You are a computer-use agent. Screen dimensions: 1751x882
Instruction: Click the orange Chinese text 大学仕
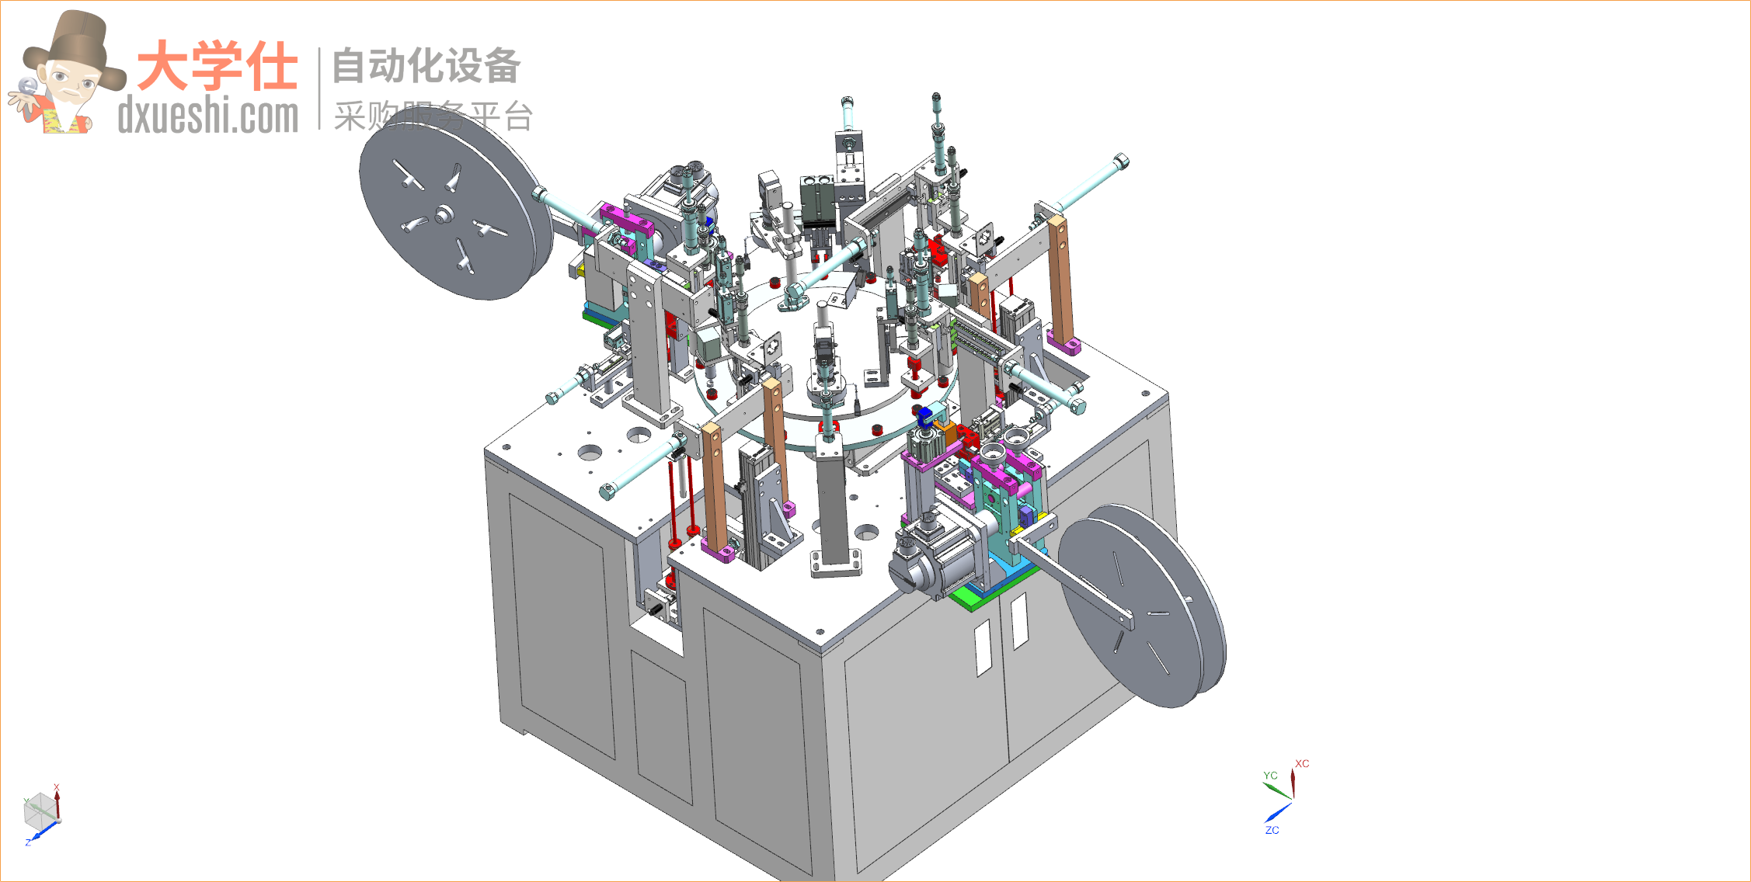[x=217, y=66]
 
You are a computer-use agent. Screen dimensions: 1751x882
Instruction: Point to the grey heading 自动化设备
[x=426, y=65]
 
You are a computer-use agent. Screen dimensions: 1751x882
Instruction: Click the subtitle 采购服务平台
[x=433, y=116]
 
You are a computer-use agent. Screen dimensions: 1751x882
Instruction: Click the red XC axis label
[x=1302, y=764]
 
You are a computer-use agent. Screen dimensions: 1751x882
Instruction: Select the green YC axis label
[x=1270, y=776]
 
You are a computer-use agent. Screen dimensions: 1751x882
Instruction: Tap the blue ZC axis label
[x=1272, y=830]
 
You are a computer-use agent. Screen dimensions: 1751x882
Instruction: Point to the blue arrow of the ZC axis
[x=1278, y=812]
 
